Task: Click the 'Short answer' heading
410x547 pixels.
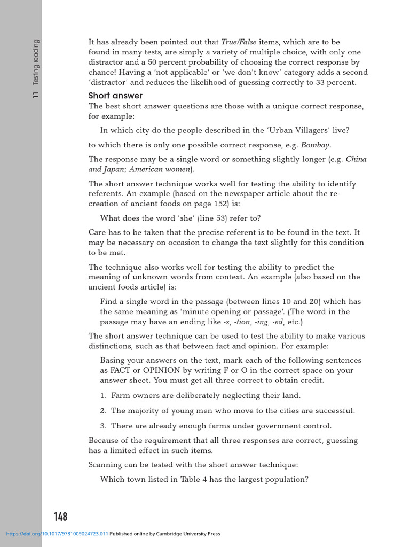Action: [x=115, y=96]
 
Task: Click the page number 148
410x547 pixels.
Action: [x=60, y=517]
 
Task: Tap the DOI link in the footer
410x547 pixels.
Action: [x=57, y=534]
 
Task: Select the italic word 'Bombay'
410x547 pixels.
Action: [x=315, y=145]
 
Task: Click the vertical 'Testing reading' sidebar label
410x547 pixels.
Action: [x=36, y=62]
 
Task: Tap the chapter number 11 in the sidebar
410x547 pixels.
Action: [x=36, y=95]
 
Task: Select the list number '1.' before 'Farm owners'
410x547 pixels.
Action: [x=104, y=396]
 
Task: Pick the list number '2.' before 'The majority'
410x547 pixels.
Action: [x=104, y=411]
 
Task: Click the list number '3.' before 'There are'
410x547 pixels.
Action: [x=104, y=426]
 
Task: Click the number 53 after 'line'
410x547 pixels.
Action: [x=217, y=218]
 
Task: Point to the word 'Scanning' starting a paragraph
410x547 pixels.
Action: [x=105, y=465]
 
